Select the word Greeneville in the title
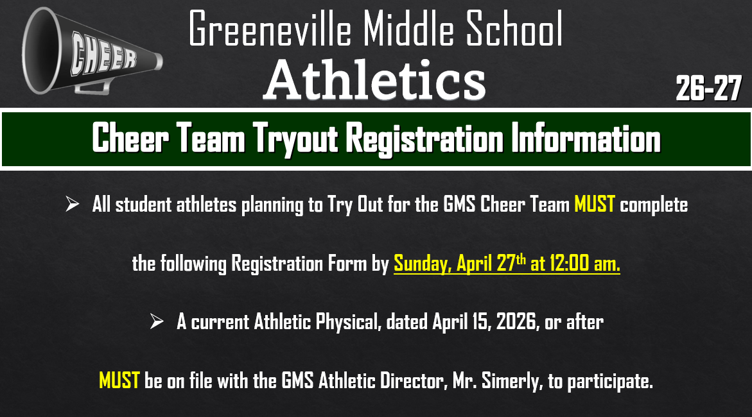269,30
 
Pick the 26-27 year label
708,89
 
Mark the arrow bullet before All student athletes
72,205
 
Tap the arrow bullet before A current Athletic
157,321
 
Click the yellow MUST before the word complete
595,205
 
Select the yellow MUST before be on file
119,381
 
